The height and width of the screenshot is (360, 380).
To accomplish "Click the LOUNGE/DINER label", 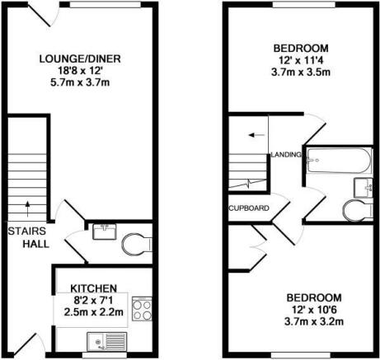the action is click(x=80, y=59).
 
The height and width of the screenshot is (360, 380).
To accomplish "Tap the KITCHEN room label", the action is click(x=94, y=288).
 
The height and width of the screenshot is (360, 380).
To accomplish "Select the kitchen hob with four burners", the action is click(x=142, y=309).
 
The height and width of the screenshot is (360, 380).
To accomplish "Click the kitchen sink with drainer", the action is click(x=107, y=342).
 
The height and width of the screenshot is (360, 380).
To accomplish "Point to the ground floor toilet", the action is click(x=137, y=244).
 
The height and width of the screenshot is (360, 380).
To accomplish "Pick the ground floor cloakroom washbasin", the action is click(x=105, y=231).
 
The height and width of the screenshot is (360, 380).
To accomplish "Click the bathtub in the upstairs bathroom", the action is click(x=340, y=161).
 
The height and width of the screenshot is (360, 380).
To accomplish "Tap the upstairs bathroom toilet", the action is click(x=358, y=210).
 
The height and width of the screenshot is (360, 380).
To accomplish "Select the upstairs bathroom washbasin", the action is click(x=363, y=188).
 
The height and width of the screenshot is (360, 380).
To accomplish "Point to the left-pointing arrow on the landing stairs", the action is click(x=256, y=135).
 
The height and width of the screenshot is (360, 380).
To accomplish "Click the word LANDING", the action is click(x=286, y=155).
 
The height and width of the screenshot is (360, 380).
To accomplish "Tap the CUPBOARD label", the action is click(x=249, y=208).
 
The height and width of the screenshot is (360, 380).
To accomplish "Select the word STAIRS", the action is click(x=26, y=231).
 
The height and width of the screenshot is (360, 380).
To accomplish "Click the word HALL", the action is click(x=35, y=244).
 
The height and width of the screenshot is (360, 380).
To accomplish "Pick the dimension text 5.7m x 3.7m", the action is click(x=80, y=82).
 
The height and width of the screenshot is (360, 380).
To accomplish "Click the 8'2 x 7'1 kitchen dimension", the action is click(x=93, y=301).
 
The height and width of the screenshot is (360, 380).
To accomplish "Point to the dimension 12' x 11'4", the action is click(x=301, y=60).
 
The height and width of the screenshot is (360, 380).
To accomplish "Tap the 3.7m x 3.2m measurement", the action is click(x=314, y=321).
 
